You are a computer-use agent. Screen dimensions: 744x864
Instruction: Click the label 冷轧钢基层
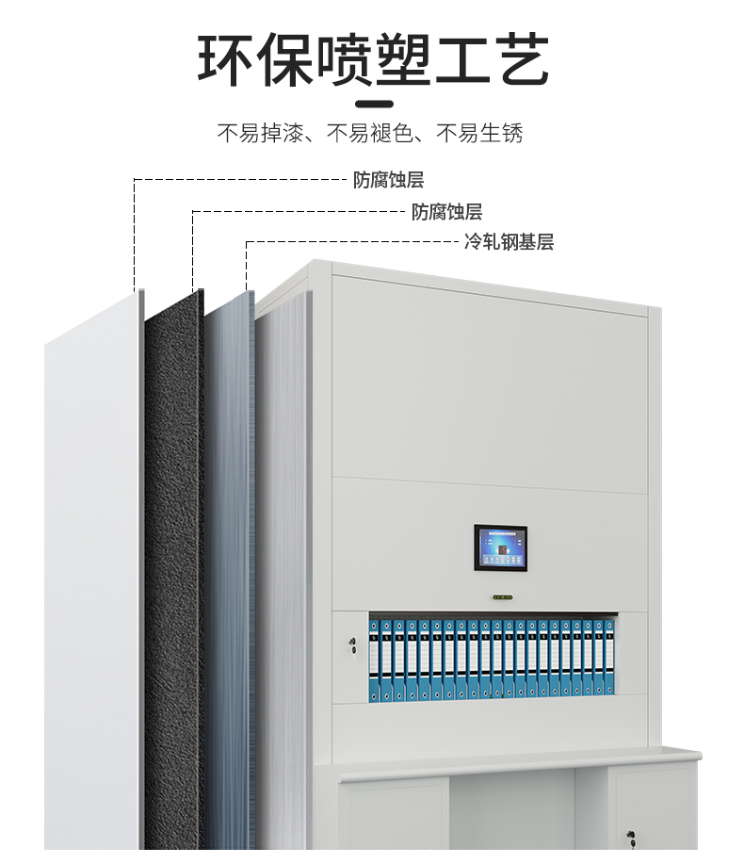pos(509,242)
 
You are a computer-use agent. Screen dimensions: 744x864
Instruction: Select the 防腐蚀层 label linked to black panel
pos(446,212)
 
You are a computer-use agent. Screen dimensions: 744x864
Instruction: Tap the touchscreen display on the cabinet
pos(500,549)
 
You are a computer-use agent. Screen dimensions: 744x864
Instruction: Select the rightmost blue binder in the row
pos(609,660)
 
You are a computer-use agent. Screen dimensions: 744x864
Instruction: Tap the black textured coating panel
pos(173,565)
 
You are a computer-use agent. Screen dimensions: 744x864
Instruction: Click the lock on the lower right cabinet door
pos(629,835)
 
